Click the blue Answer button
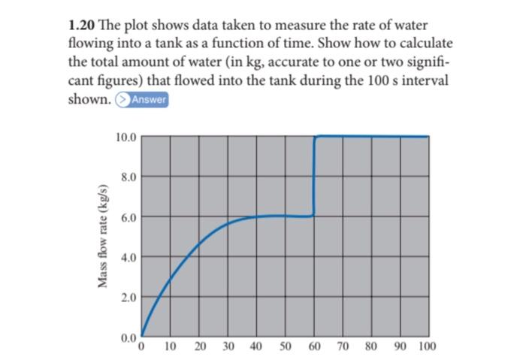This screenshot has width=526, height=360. (x=148, y=101)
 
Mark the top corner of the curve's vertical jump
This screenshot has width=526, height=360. (x=316, y=137)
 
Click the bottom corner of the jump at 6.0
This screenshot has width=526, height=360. (x=313, y=215)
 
